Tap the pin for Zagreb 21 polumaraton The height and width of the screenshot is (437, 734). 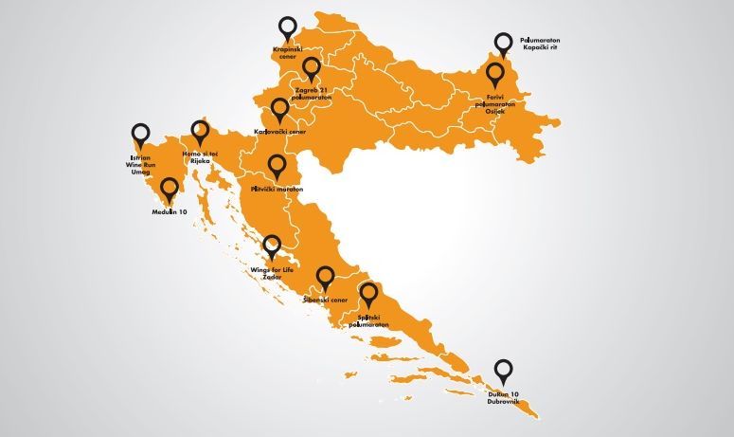click(x=313, y=69)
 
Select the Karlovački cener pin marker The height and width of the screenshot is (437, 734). click(x=279, y=109)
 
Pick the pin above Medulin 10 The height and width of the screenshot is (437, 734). click(x=170, y=190)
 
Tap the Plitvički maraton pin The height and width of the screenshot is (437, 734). click(x=277, y=167)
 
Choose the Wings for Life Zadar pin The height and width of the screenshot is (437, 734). click(x=272, y=246)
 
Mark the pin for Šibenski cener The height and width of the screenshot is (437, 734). click(x=326, y=278)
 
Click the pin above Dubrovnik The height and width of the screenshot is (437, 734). click(x=502, y=371)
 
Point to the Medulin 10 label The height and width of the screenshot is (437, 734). click(x=170, y=212)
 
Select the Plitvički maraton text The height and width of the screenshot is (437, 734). click(x=277, y=191)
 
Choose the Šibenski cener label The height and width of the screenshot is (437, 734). click(x=326, y=300)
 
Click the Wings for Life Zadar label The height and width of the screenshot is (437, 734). click(x=273, y=274)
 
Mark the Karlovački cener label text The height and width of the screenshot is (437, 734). click(x=280, y=132)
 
